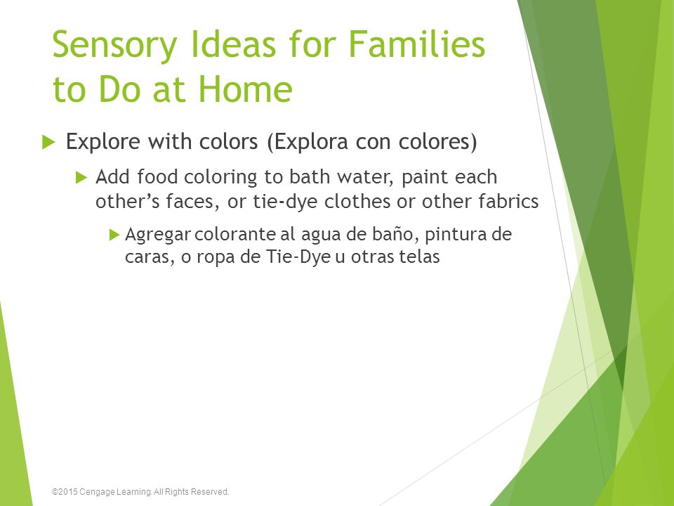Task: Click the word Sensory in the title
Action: click(114, 45)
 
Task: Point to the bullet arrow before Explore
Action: click(48, 141)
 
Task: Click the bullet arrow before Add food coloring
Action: click(81, 177)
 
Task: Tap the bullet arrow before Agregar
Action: click(114, 235)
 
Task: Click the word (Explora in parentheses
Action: click(308, 141)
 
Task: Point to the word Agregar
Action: click(158, 235)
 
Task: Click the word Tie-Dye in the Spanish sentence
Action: click(298, 257)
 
